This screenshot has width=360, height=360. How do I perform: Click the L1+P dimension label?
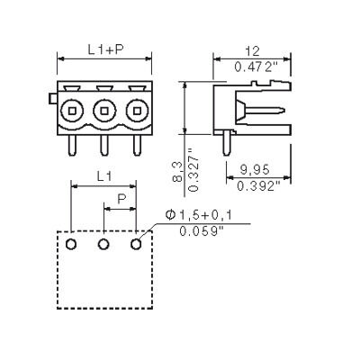coord(106,49)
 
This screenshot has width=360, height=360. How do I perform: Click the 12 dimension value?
coord(252,51)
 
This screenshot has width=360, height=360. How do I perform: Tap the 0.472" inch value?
coord(256,67)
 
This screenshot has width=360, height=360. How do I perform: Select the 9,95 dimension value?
coord(255,170)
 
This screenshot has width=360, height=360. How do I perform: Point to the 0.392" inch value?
coord(258,186)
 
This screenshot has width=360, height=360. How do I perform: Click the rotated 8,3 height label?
coord(177,171)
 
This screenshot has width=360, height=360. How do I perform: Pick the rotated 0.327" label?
coord(193,170)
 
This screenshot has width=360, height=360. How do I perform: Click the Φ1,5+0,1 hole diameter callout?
coord(198,214)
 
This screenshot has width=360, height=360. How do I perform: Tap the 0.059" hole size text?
coord(202,231)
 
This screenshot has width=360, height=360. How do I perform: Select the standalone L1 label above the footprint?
coord(104,176)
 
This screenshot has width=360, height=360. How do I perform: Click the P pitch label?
coord(121,199)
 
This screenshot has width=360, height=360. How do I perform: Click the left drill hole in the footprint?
coord(71,244)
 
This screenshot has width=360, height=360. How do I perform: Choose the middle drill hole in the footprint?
coord(103,244)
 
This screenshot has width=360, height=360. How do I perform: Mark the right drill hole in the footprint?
coord(136,244)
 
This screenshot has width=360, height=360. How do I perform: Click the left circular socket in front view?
coord(72,111)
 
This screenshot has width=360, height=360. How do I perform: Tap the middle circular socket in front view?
coord(104,111)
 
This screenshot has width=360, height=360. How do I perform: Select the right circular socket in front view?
coord(137,111)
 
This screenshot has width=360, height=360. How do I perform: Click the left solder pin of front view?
coord(72,145)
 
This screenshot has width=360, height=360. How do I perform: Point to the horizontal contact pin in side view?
coord(263,111)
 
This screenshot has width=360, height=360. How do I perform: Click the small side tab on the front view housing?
coord(53,98)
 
